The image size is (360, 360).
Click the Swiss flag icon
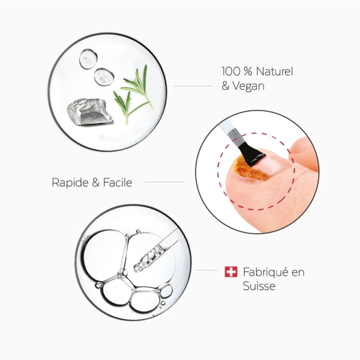[231, 272]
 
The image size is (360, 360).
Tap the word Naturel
[273, 72]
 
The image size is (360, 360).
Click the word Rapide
[70, 182]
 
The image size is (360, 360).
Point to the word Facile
[118, 182]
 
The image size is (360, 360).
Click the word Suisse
[259, 286]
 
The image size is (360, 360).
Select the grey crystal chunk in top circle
[89, 111]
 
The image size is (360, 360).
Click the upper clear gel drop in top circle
[88, 58]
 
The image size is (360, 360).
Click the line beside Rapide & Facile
[164, 182]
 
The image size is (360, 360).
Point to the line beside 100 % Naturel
[192, 86]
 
